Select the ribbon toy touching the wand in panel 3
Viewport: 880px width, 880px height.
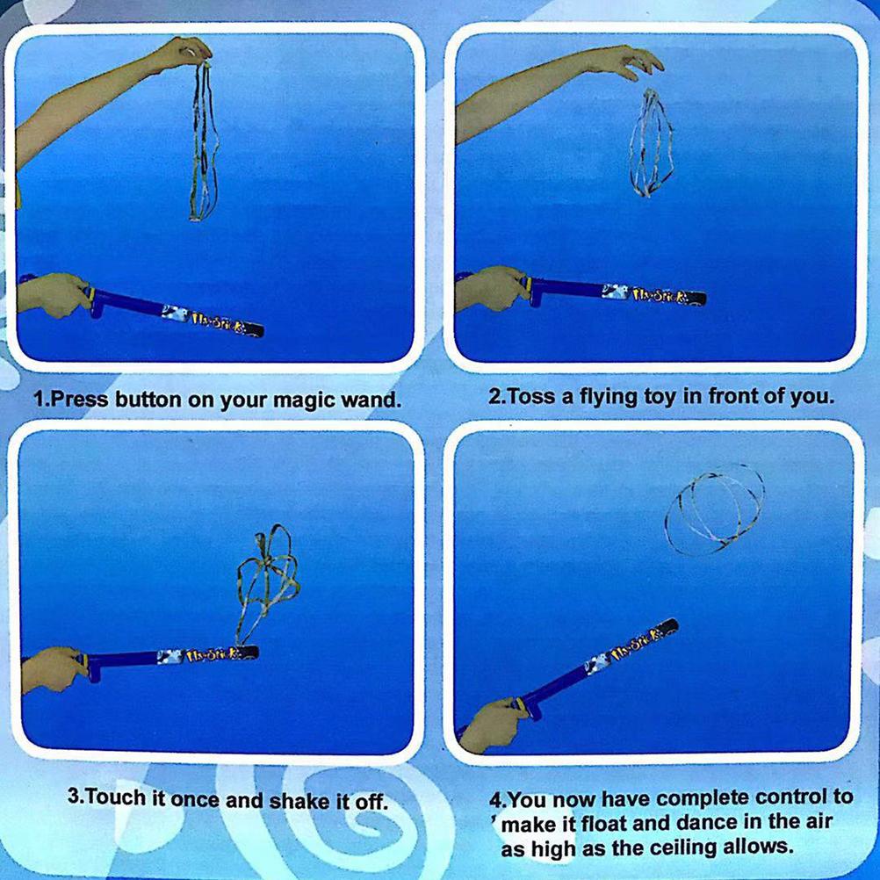[263, 580]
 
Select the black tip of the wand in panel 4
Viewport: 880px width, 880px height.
[668, 627]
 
